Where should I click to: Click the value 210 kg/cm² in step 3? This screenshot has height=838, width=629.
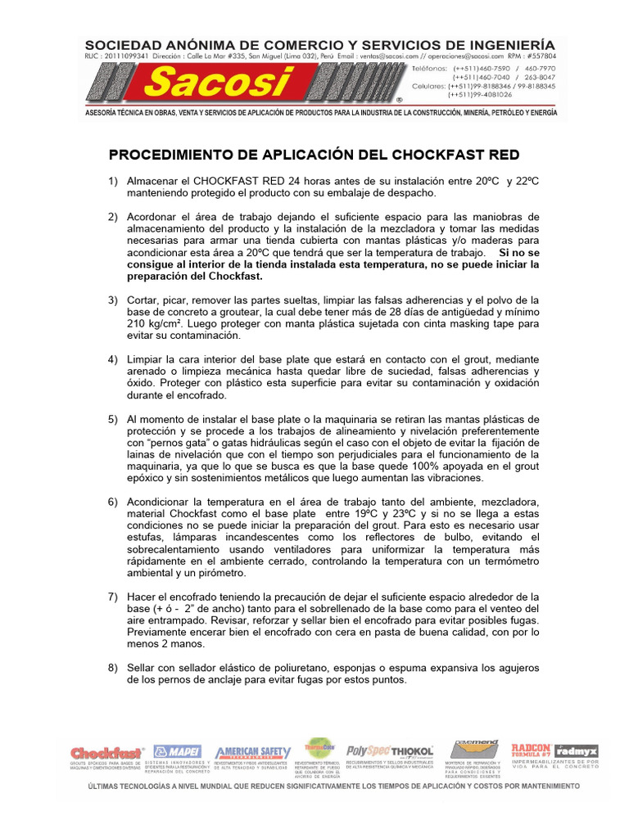pyautogui.click(x=153, y=323)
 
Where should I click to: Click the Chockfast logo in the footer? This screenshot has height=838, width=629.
pyautogui.click(x=107, y=752)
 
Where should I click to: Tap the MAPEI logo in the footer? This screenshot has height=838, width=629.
pyautogui.click(x=178, y=752)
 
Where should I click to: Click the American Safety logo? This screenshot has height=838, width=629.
pyautogui.click(x=252, y=752)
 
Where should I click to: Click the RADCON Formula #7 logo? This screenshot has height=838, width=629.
pyautogui.click(x=531, y=749)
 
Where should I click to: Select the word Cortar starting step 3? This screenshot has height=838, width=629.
pyautogui.click(x=147, y=300)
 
